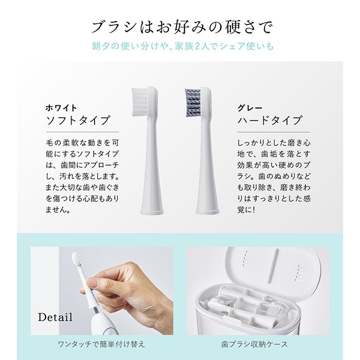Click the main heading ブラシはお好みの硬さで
180,26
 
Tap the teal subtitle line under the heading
180,46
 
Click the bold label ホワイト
61,108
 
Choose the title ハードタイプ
269,121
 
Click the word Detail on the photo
55,316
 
